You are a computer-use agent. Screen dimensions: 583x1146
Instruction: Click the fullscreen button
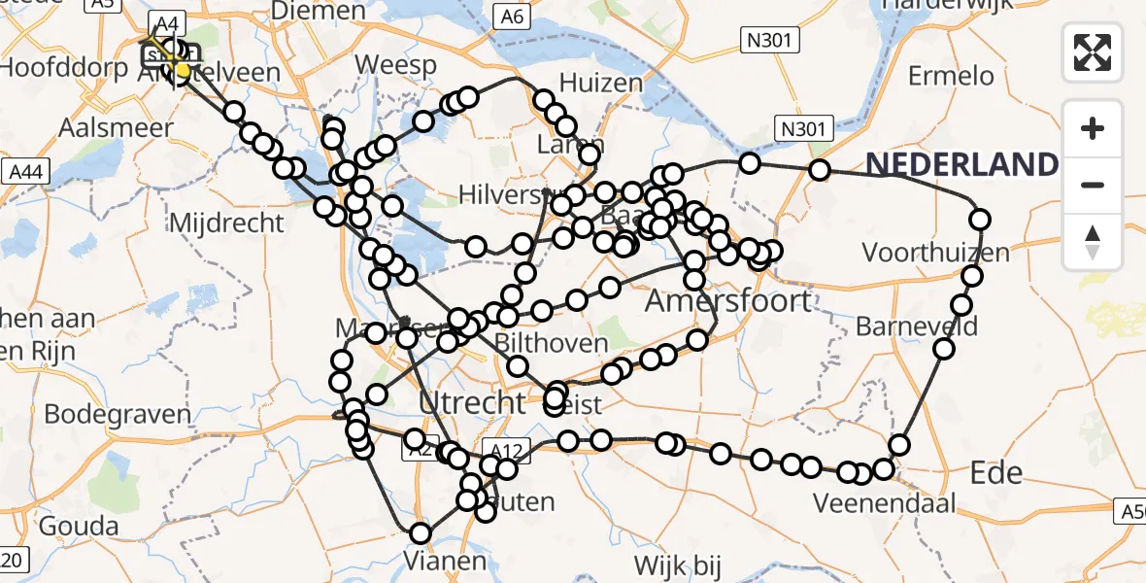[1093, 52]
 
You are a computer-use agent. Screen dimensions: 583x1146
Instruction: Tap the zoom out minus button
[1093, 185]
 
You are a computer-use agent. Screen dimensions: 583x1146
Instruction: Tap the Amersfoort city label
[728, 300]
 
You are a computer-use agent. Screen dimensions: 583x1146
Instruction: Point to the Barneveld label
[916, 326]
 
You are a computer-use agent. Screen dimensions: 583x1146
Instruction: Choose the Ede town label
[996, 472]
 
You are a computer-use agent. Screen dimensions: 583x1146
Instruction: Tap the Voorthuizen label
[935, 253]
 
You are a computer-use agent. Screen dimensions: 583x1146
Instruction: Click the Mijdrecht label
[226, 223]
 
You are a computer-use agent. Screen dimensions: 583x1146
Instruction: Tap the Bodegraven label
[118, 414]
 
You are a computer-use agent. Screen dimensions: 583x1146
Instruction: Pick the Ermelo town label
[951, 76]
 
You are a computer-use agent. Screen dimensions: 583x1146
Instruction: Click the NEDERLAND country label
[961, 165]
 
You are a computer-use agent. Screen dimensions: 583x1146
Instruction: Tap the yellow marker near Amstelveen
[182, 70]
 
